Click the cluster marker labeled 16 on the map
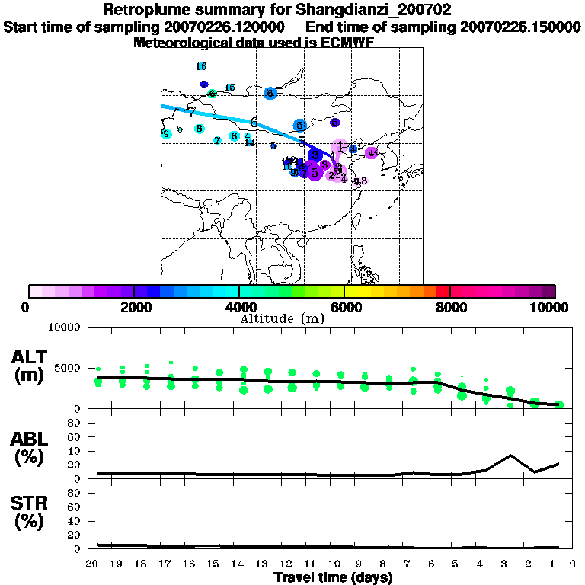[x=201, y=67]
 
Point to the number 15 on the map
[x=229, y=88]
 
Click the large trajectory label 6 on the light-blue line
[x=254, y=122]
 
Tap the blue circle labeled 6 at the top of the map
[x=270, y=94]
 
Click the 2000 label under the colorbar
[x=133, y=308]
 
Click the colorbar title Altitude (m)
[x=282, y=319]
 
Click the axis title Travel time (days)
[x=333, y=578]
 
